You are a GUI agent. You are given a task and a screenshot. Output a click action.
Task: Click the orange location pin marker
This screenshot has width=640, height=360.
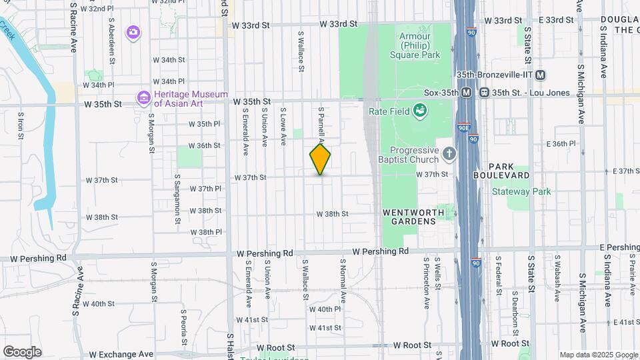coord(320,159)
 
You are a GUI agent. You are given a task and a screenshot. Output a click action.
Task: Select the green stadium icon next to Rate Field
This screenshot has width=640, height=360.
coord(420,110)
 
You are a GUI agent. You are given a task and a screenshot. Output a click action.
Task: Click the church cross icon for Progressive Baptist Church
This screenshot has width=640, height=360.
coord(449,155)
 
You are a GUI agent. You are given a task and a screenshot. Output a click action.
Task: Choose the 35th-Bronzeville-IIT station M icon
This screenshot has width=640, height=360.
coord(540,75)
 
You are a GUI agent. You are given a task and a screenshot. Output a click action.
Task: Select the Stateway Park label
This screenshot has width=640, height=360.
coord(521,191)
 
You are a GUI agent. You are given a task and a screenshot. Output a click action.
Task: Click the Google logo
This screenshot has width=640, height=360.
coord(22,351)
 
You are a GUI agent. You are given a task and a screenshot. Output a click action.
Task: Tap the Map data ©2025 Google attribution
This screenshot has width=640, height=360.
coord(598,355)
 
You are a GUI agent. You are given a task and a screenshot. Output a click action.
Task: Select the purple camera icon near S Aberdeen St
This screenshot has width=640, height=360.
coord(133,31)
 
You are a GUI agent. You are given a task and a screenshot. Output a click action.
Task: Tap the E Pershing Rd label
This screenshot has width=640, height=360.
coord(619,247)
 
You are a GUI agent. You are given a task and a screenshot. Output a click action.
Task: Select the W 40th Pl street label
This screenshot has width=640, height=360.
coord(325,309)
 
